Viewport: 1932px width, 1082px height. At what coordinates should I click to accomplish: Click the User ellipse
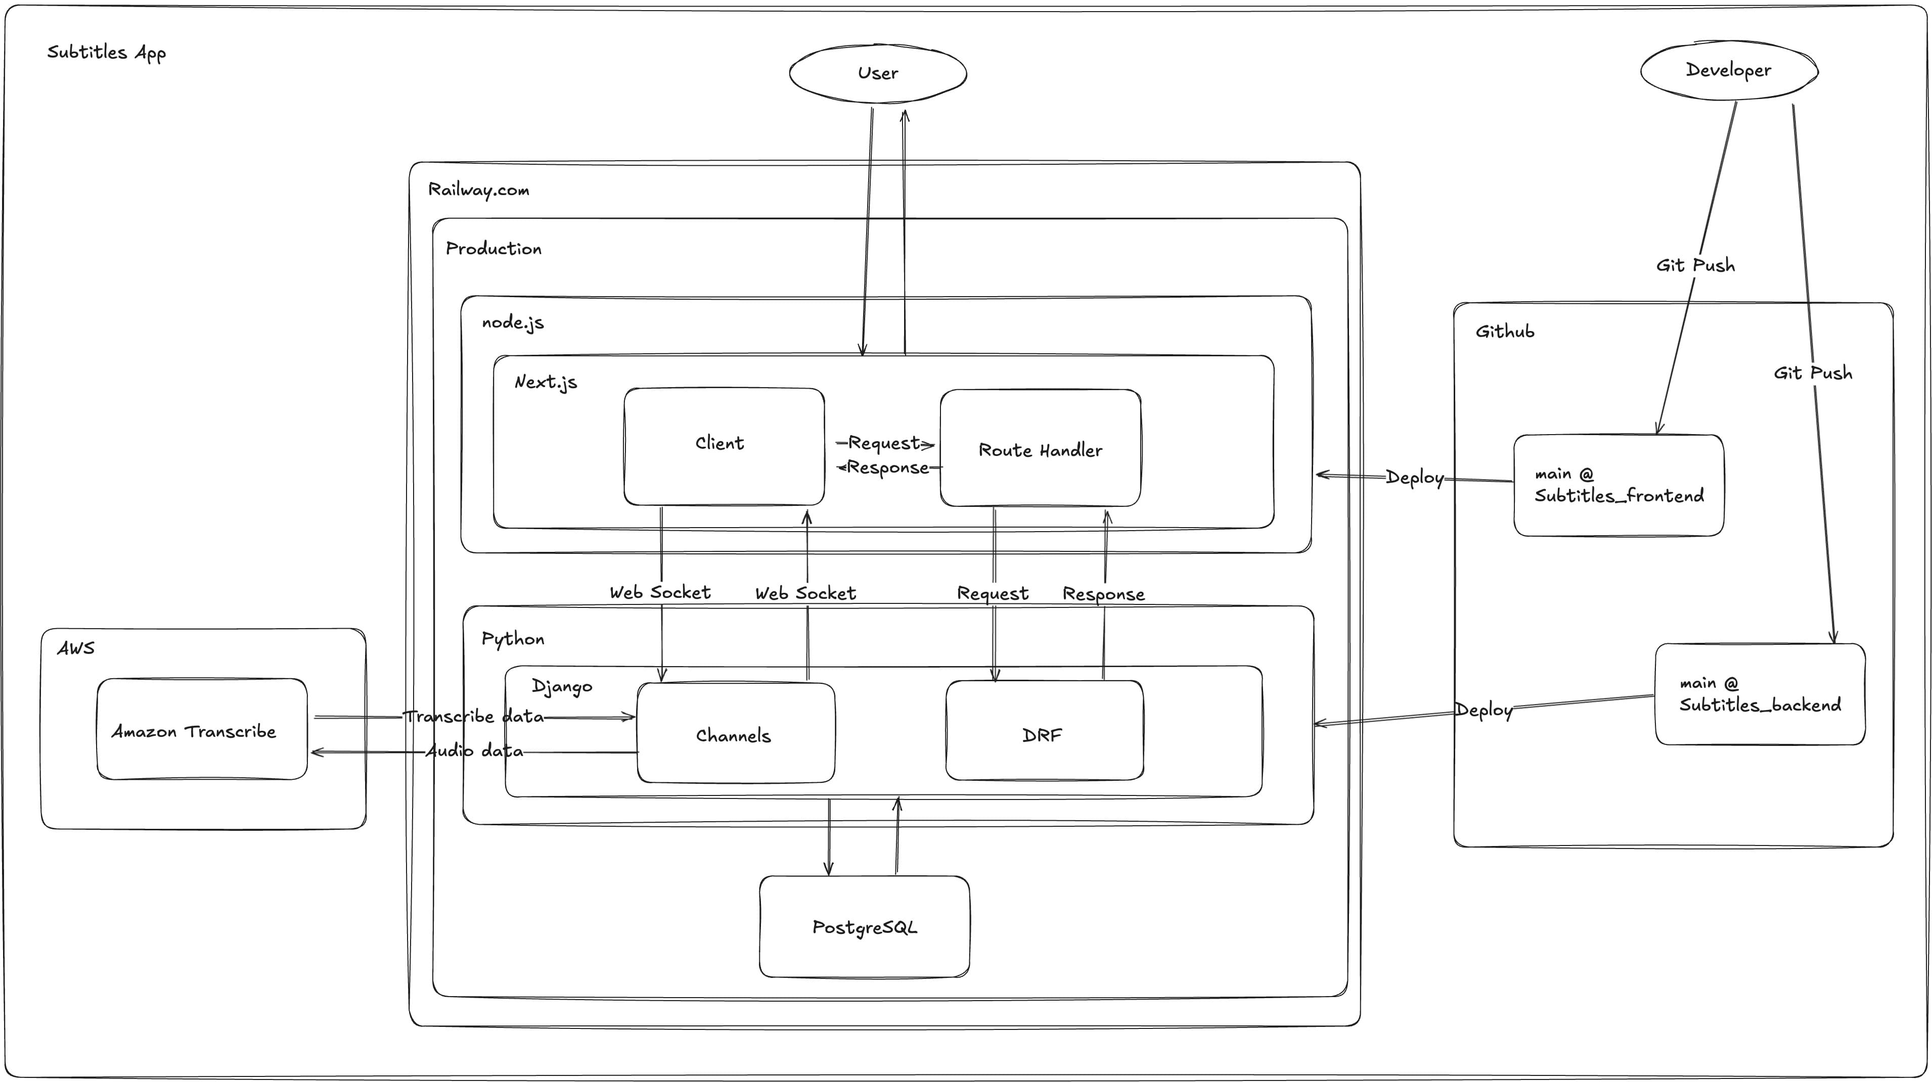[x=877, y=73]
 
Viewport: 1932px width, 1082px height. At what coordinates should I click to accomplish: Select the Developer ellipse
[x=1728, y=70]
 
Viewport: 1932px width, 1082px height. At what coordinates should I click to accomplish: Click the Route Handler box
[x=1040, y=449]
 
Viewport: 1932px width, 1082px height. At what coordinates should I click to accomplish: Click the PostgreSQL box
[x=864, y=927]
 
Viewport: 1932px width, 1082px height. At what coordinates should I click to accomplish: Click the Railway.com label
[x=478, y=190]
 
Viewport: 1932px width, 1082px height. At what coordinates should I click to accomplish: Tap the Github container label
[x=1505, y=332]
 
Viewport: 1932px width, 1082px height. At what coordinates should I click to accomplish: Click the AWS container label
[x=76, y=648]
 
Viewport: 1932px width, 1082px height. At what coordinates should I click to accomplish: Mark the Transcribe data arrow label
[x=473, y=716]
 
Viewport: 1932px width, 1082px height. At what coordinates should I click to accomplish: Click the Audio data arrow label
[x=474, y=750]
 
